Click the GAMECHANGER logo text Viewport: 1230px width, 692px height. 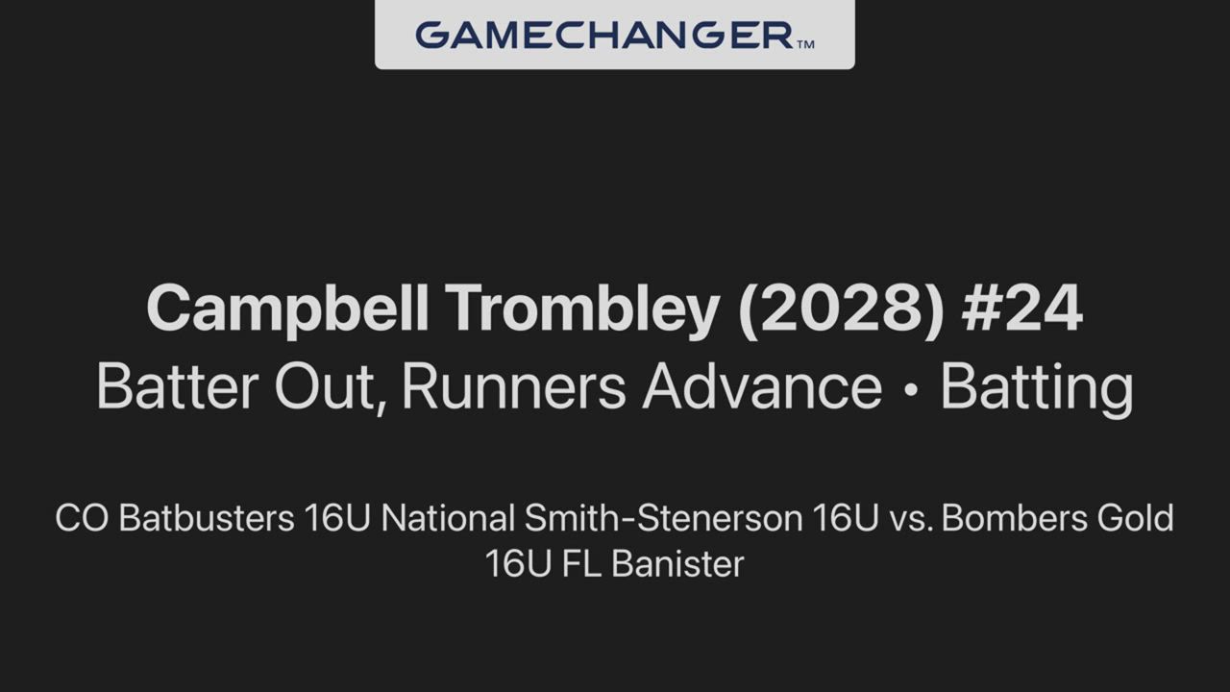pos(605,36)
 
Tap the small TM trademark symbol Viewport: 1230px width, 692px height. pos(805,44)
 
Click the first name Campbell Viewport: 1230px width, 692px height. pos(287,309)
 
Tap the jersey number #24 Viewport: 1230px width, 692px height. pos(1022,309)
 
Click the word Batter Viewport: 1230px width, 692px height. pos(178,386)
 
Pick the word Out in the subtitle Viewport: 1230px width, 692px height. pos(330,387)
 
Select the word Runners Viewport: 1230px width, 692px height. pos(514,386)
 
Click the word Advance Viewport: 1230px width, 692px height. pos(762,386)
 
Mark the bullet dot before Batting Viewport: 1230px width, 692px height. pos(911,389)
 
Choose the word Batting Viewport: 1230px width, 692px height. pos(1037,389)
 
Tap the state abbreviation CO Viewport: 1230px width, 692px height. pos(82,518)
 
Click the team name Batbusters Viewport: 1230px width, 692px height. pos(207,518)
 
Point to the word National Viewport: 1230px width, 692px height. pos(448,518)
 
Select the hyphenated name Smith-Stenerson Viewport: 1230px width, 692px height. pos(664,518)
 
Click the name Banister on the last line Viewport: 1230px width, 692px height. pos(677,564)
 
